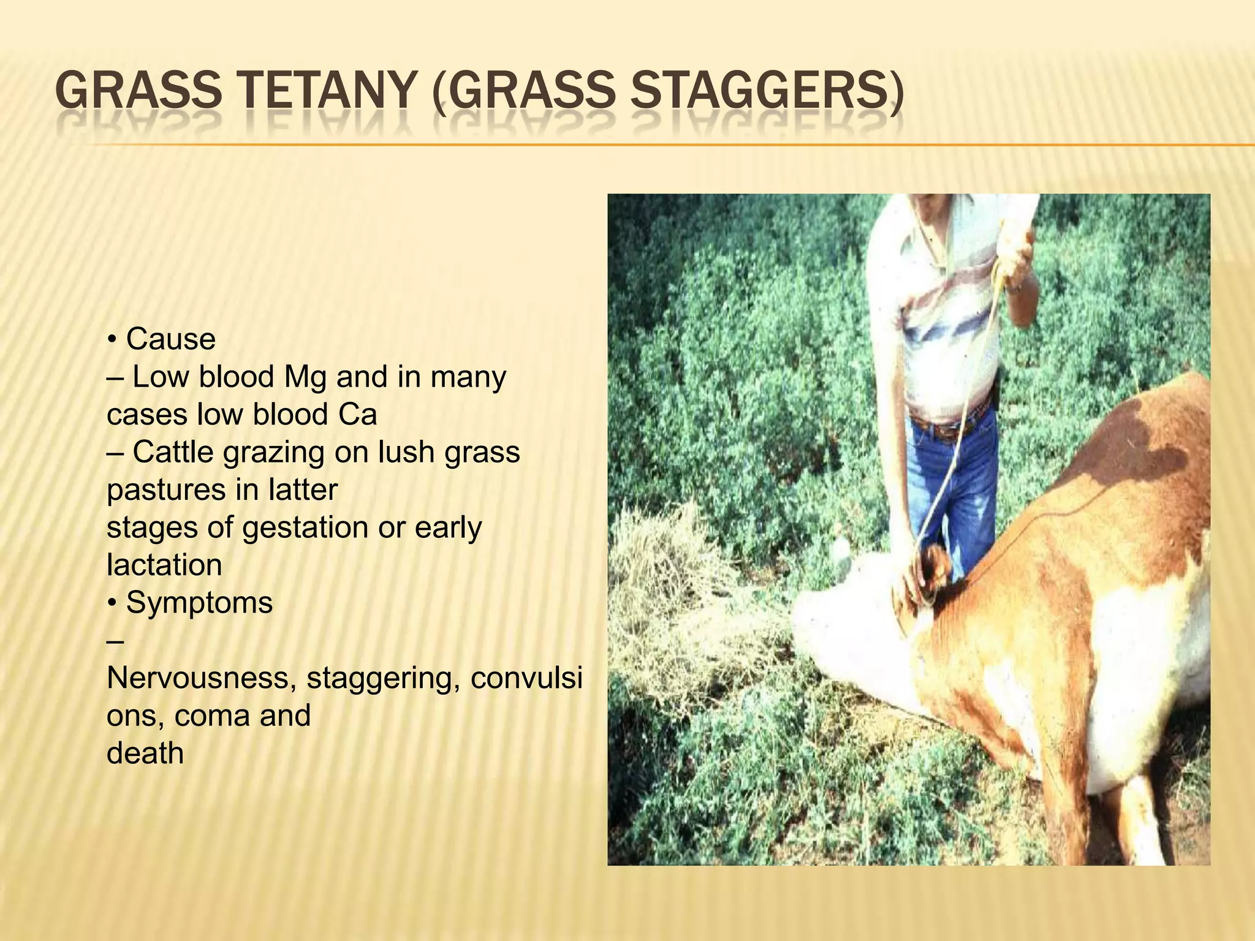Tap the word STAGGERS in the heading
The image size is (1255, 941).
point(765,92)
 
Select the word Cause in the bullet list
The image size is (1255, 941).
point(171,339)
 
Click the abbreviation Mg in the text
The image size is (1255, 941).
point(305,377)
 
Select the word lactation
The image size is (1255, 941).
point(164,565)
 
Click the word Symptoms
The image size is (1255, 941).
point(199,603)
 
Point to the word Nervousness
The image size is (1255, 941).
point(202,678)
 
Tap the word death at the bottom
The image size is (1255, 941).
point(145,753)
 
